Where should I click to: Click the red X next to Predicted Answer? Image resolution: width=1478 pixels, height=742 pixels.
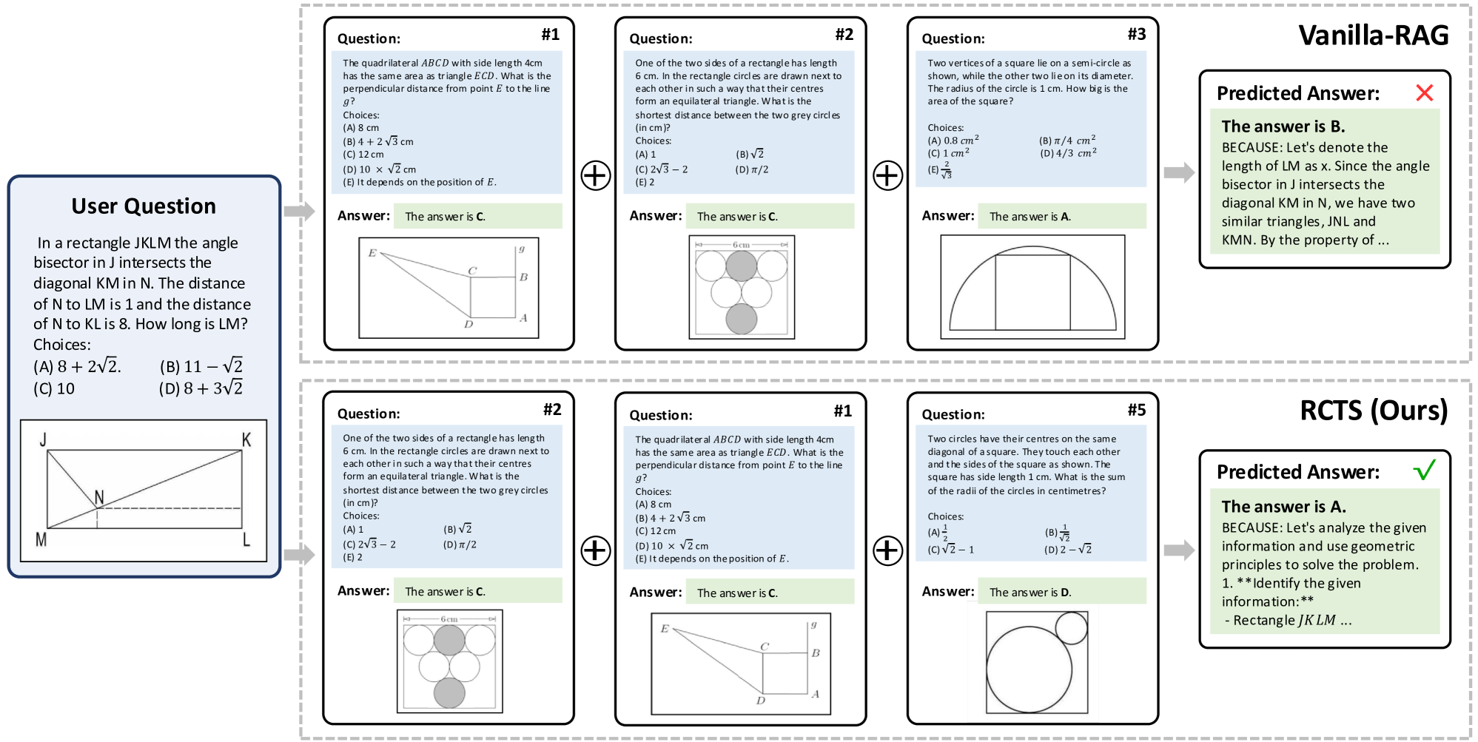pos(1424,92)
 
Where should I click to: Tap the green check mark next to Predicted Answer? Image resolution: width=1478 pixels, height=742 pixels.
pos(1424,470)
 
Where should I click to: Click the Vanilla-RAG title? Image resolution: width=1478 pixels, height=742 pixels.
pos(1373,36)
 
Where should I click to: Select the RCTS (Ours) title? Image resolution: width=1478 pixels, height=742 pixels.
pos(1374,411)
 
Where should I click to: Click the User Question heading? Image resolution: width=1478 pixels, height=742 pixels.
pos(144,206)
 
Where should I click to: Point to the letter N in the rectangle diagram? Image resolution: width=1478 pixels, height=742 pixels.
pos(99,497)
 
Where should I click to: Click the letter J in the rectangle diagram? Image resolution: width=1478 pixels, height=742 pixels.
pos(43,439)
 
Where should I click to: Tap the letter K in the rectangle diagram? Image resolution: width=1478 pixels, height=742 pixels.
pos(246,439)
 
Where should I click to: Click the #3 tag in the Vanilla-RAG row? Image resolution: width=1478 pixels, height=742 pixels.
pos(1137,34)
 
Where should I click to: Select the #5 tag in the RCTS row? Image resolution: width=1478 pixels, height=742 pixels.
pos(1137,410)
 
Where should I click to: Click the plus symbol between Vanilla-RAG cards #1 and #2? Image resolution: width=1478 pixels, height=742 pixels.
pos(596,176)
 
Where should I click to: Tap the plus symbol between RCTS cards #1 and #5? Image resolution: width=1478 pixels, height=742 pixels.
pos(887,550)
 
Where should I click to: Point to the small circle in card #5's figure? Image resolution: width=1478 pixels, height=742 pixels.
pos(1071,628)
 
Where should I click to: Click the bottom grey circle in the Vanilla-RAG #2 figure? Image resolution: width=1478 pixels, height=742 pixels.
pos(742,319)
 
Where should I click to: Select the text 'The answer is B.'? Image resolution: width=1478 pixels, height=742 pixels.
pos(1283,127)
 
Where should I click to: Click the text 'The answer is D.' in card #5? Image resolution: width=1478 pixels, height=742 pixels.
pos(1030,592)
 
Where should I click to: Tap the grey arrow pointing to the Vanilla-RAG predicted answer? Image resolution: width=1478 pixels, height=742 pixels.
pos(1179,172)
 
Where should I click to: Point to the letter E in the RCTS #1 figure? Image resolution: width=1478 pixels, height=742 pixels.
pos(665,629)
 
